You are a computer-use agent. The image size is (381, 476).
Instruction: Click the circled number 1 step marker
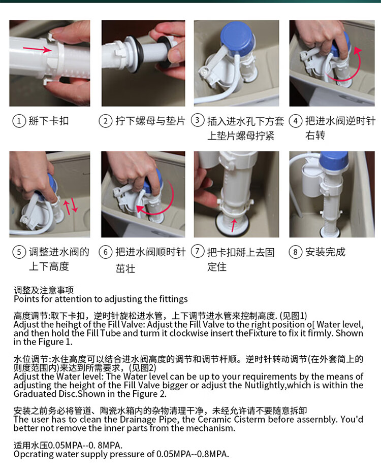click(19, 121)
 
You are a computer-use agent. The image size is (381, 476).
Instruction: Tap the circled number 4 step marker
click(295, 121)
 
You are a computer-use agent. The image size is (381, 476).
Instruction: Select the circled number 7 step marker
click(198, 251)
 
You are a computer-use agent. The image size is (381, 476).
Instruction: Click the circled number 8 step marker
click(295, 252)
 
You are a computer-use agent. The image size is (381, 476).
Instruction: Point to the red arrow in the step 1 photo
click(38, 48)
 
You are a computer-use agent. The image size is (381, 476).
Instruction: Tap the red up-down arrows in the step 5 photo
click(71, 206)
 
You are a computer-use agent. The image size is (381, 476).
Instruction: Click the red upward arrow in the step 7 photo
click(234, 225)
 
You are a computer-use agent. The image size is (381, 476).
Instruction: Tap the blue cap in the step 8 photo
click(334, 164)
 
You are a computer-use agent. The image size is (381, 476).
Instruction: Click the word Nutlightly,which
click(282, 386)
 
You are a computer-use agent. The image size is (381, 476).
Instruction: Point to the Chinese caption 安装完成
click(326, 252)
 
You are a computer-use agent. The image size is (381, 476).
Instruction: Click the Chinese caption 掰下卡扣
click(49, 121)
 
